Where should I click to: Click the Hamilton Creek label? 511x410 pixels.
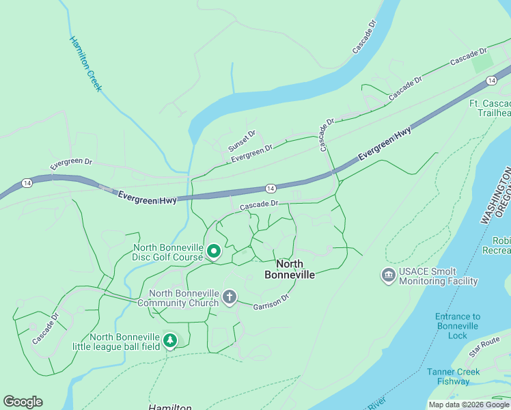pyautogui.click(x=85, y=63)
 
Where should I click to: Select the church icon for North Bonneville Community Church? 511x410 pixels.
pyautogui.click(x=230, y=298)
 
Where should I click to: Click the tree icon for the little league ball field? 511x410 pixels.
pyautogui.click(x=169, y=340)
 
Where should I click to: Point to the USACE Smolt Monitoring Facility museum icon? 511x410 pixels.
pyautogui.click(x=388, y=276)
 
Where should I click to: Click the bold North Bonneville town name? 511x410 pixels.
pyautogui.click(x=290, y=269)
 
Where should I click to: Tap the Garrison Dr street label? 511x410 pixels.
pyautogui.click(x=271, y=301)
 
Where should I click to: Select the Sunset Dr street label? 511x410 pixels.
pyautogui.click(x=242, y=141)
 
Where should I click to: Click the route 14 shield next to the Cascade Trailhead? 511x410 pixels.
pyautogui.click(x=491, y=81)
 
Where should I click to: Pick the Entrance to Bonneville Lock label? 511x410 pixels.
pyautogui.click(x=458, y=322)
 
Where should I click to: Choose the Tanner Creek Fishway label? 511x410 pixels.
pyautogui.click(x=454, y=377)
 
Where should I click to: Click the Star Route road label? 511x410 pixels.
pyautogui.click(x=485, y=346)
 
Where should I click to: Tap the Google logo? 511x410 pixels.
pyautogui.click(x=23, y=402)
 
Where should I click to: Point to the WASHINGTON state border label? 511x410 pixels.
pyautogui.click(x=496, y=195)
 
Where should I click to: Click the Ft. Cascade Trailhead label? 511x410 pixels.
pyautogui.click(x=489, y=108)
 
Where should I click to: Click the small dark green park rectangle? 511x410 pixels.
pyautogui.click(x=483, y=61)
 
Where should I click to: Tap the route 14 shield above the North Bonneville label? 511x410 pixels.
pyautogui.click(x=271, y=188)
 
